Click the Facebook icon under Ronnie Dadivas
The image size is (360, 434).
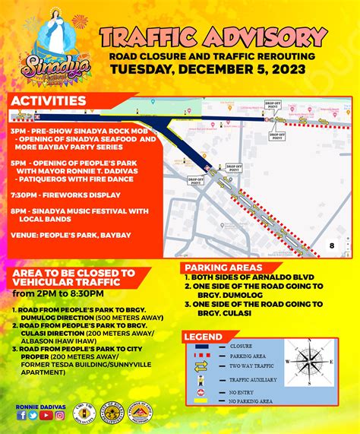pyautogui.click(x=21, y=415)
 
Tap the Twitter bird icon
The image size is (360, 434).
pyautogui.click(x=32, y=415)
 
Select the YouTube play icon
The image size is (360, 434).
pyautogui.click(x=43, y=415)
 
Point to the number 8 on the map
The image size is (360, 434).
pyautogui.click(x=331, y=246)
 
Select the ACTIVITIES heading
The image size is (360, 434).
pyautogui.click(x=47, y=100)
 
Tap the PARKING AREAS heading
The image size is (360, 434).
pyautogui.click(x=223, y=268)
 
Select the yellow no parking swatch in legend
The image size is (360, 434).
pyautogui.click(x=201, y=402)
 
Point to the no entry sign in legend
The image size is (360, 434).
pyautogui.click(x=201, y=391)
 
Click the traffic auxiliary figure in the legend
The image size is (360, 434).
pyautogui.click(x=201, y=379)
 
